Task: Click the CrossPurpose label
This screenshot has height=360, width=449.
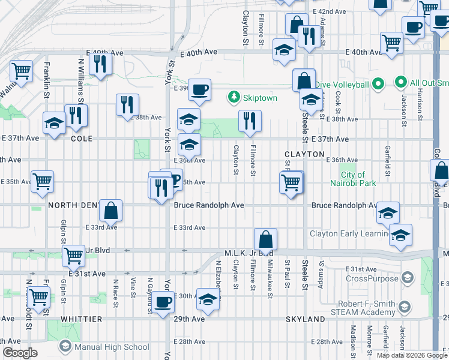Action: click(373, 277)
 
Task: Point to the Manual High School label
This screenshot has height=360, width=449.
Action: click(112, 347)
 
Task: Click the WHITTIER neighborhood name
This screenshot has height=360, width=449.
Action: click(81, 319)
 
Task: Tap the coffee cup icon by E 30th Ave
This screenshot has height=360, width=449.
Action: click(162, 302)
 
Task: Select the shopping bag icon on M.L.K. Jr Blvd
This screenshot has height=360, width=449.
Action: click(265, 240)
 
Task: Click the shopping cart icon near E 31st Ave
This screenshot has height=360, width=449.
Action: click(73, 256)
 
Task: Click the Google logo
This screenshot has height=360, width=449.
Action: click(20, 353)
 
